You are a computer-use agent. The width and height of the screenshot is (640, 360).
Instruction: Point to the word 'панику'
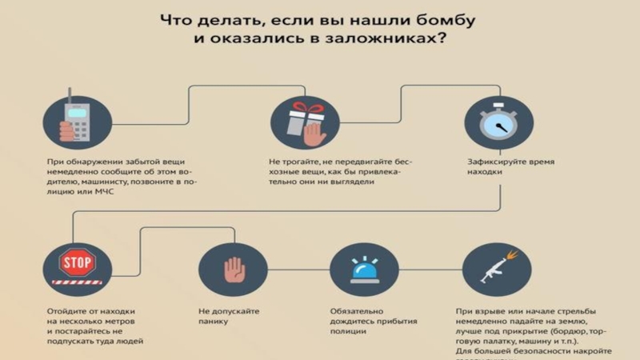pyautogui.click(x=214, y=322)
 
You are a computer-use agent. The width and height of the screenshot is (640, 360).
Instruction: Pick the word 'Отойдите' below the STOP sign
pyautogui.click(x=66, y=310)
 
